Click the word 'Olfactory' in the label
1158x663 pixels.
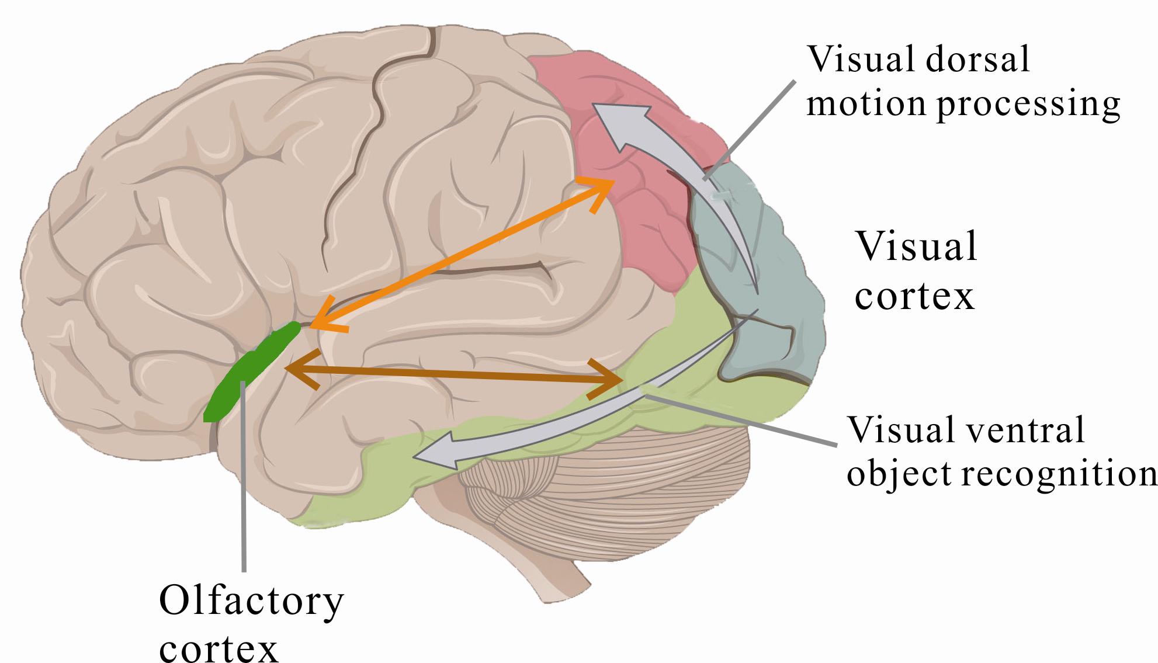point(251,603)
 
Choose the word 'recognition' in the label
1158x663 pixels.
point(1058,472)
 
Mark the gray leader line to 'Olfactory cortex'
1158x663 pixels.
point(243,497)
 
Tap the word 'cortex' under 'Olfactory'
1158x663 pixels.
point(219,648)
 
